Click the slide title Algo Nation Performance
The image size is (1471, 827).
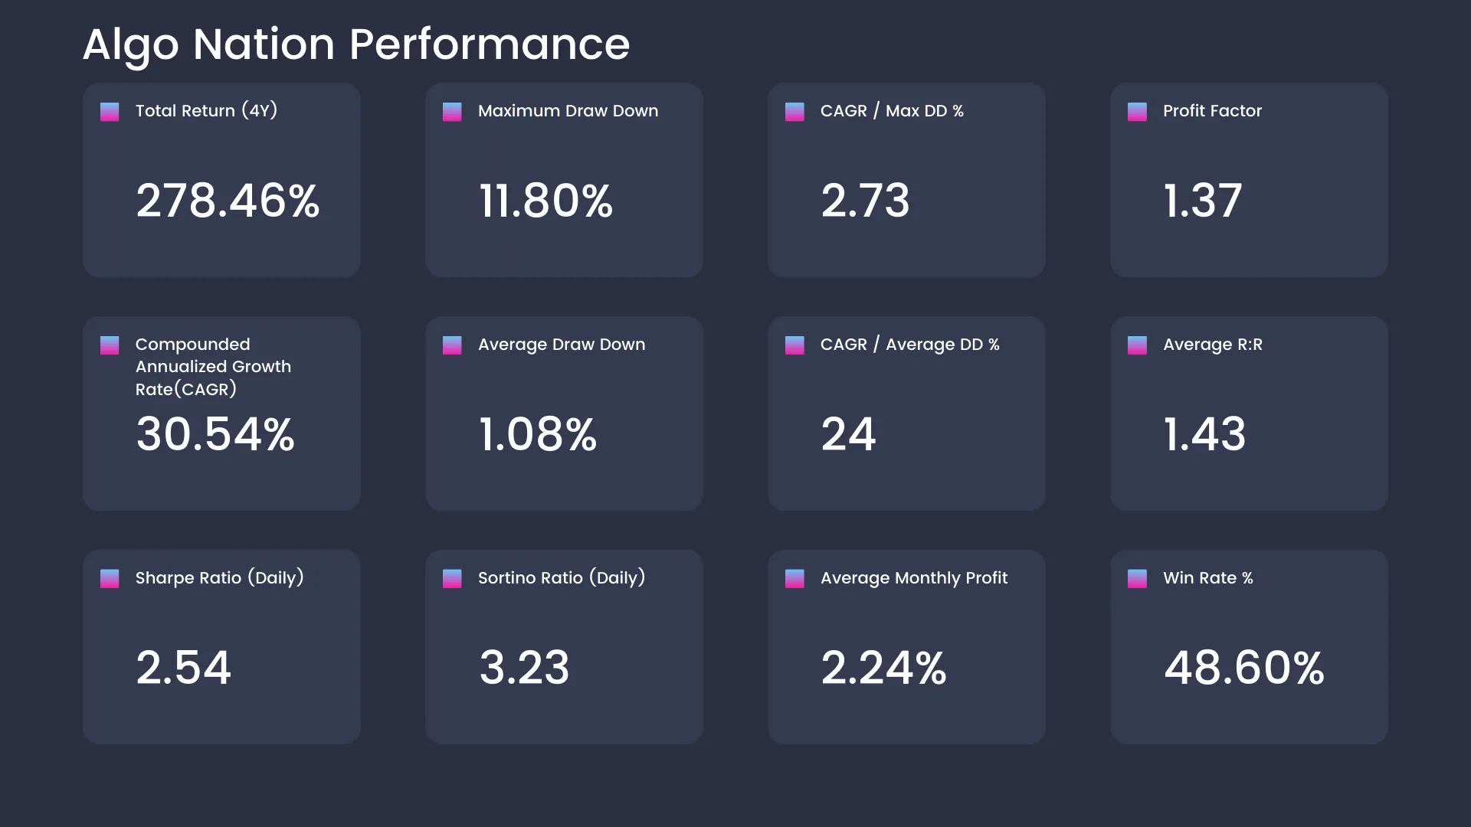click(356, 44)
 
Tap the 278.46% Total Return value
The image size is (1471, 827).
click(228, 201)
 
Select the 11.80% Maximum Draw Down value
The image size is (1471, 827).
click(545, 201)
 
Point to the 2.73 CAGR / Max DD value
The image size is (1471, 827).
click(865, 201)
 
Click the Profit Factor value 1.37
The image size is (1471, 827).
click(1202, 201)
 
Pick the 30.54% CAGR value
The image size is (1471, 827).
click(215, 434)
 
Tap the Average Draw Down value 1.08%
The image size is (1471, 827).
click(538, 434)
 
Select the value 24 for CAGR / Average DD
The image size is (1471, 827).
click(848, 434)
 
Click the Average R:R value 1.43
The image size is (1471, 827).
click(1204, 434)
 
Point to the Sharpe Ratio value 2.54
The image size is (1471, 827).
click(184, 668)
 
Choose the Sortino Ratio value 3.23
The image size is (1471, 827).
click(524, 668)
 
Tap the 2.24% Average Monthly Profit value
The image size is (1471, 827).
click(884, 668)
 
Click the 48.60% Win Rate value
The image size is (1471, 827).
click(1244, 668)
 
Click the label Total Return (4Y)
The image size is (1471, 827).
click(206, 111)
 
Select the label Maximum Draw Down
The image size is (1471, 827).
click(568, 111)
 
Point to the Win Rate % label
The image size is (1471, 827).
click(1208, 578)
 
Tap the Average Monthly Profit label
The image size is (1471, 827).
click(914, 578)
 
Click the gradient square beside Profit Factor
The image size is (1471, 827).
click(1137, 112)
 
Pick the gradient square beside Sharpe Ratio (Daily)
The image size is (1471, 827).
click(110, 579)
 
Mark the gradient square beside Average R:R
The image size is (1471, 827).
click(1137, 345)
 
